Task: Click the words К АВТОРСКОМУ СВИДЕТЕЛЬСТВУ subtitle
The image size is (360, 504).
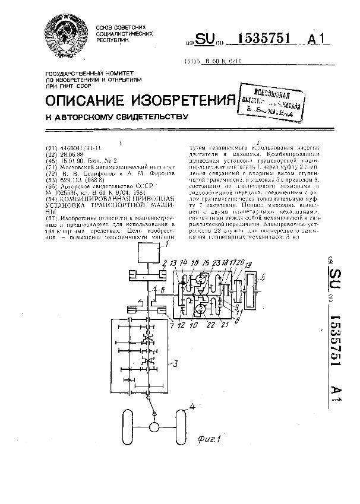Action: point(117,116)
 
